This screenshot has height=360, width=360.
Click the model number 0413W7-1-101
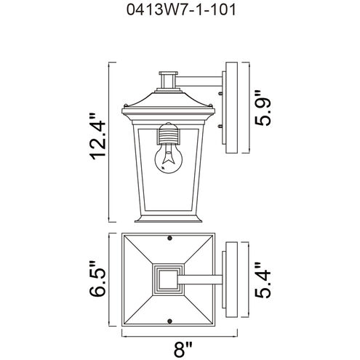click(180, 12)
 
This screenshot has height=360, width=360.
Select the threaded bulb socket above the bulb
click(168, 135)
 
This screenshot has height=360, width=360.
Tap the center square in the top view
click(169, 279)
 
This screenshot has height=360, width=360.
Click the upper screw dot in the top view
click(169, 239)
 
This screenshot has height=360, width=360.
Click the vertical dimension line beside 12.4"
click(110, 143)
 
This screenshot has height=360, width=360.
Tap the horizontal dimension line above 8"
click(171, 335)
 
